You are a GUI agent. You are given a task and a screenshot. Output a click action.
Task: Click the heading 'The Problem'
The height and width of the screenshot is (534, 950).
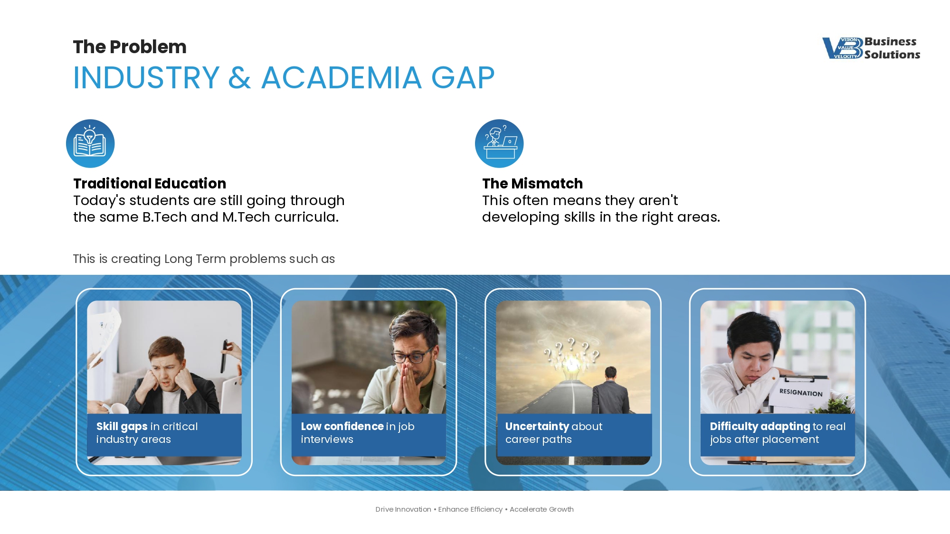[130, 47]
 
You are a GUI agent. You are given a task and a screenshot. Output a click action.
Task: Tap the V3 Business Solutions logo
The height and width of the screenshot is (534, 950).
[871, 48]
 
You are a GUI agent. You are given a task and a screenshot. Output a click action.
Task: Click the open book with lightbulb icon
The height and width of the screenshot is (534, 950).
[90, 143]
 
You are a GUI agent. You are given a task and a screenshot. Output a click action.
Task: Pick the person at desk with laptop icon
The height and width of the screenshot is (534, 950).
[499, 143]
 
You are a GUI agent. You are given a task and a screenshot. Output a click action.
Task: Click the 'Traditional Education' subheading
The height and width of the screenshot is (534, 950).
[150, 183]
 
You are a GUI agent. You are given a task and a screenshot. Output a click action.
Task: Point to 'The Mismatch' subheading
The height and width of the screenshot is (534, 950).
[532, 183]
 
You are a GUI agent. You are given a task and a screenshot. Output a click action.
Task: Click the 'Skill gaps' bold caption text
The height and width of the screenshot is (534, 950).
[122, 427]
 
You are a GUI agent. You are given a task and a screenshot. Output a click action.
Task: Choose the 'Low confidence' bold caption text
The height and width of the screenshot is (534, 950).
[342, 426]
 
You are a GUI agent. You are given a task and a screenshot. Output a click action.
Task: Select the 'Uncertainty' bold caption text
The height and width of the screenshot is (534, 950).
[537, 427]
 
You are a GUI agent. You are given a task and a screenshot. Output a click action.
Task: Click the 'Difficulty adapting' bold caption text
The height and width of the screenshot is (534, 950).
[760, 427]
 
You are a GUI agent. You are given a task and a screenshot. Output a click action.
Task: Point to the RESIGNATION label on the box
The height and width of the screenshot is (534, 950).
[801, 393]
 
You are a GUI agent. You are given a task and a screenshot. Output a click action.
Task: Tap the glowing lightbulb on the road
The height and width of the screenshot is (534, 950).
[573, 365]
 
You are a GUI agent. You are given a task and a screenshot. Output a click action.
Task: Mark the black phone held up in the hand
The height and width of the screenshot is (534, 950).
[224, 356]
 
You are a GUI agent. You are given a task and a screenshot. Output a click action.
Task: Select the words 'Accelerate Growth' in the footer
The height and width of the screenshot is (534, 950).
[541, 509]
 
